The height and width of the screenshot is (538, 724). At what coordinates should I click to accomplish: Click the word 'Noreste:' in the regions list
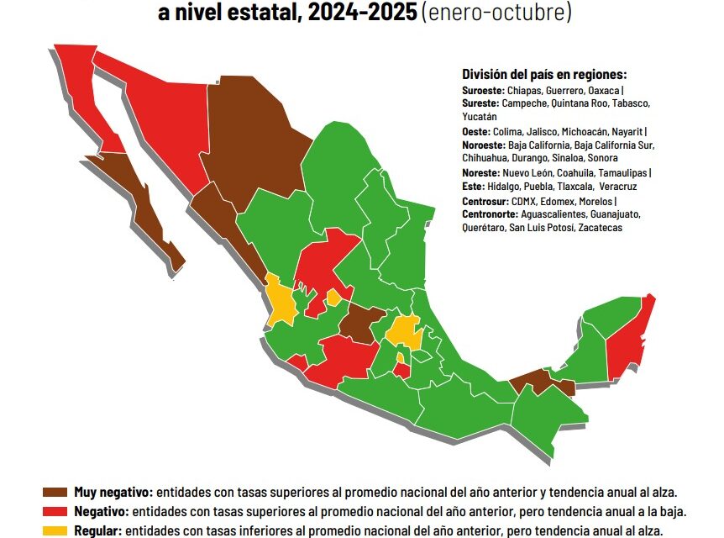481,172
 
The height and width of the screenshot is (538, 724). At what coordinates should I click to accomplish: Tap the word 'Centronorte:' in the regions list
488,214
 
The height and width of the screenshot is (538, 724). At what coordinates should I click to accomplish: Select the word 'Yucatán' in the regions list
480,117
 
